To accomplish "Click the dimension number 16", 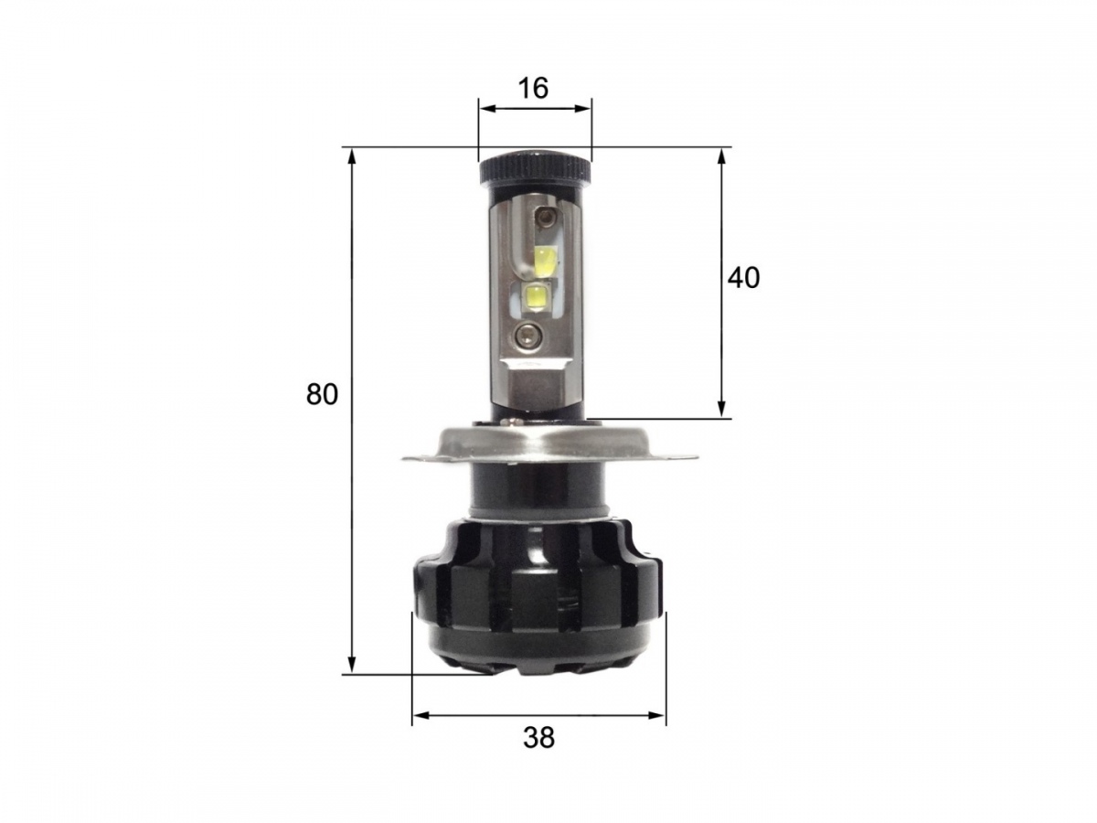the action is (533, 89).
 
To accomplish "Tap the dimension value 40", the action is (742, 277).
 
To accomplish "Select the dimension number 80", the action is (322, 394).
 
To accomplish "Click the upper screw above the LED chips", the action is (546, 217).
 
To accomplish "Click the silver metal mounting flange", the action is (548, 441).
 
